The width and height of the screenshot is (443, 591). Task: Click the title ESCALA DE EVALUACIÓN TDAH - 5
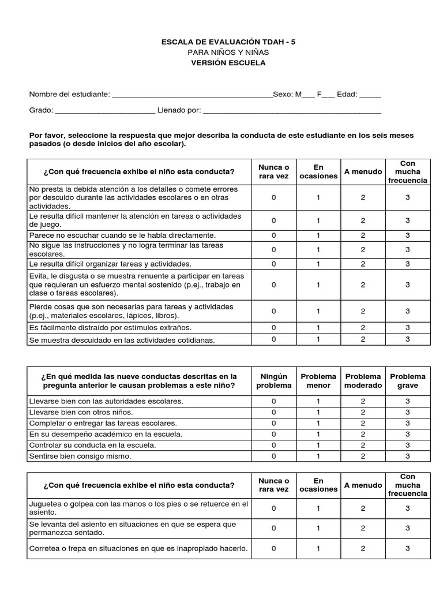[x=229, y=42]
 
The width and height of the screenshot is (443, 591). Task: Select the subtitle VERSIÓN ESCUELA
[x=229, y=63]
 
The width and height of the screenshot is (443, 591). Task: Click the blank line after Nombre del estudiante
[x=192, y=95]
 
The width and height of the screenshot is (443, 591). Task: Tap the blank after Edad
[x=370, y=95]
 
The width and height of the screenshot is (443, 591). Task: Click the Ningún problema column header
[x=274, y=381]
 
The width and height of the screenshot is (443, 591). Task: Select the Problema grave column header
[x=407, y=381]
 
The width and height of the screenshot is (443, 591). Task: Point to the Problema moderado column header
[x=363, y=381]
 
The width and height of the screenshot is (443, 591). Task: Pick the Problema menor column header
[x=318, y=381]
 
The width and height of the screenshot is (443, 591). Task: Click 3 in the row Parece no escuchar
[x=407, y=235]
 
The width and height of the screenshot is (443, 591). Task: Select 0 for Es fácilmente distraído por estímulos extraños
[x=274, y=328]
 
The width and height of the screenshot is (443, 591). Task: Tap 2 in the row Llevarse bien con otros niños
[x=363, y=412]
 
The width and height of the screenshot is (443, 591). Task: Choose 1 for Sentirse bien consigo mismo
[x=318, y=456]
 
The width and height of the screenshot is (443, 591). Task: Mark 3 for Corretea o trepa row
[x=407, y=549]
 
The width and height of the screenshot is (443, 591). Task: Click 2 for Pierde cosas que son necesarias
[x=363, y=311]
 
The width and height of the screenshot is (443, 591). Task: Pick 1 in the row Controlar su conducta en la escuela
[x=318, y=445]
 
